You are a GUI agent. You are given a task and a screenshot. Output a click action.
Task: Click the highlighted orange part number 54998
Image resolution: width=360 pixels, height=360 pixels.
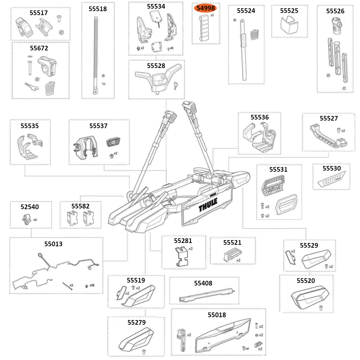pyautogui.click(x=206, y=8)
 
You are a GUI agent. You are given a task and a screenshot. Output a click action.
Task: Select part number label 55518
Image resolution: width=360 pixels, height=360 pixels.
pyautogui.click(x=98, y=9)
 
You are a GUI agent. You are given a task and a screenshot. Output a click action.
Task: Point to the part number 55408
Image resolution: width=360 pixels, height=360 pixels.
pyautogui.click(x=203, y=283)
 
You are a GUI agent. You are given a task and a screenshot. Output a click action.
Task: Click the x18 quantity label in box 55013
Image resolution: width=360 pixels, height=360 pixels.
pyautogui.click(x=92, y=285)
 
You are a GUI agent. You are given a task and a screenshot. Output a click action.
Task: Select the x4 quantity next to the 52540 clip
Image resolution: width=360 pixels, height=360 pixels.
pyautogui.click(x=35, y=219)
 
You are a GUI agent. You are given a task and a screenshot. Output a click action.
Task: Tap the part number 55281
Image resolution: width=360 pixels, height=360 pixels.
pyautogui.click(x=183, y=240)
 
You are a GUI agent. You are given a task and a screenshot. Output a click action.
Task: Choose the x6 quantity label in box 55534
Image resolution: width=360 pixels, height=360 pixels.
pyautogui.click(x=171, y=48)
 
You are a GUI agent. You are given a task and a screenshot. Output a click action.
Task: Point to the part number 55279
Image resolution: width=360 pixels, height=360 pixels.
pyautogui.click(x=136, y=322)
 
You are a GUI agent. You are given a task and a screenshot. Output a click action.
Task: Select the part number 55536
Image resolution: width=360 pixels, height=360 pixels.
pyautogui.click(x=260, y=117)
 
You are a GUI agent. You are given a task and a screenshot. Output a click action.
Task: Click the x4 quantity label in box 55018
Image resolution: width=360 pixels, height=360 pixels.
pyautogui.click(x=247, y=348)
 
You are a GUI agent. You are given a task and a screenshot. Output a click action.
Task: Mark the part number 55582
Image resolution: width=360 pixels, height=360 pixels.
pyautogui.click(x=80, y=206)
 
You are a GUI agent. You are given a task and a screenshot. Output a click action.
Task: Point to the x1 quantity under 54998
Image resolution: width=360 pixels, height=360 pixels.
pyautogui.click(x=212, y=16)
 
